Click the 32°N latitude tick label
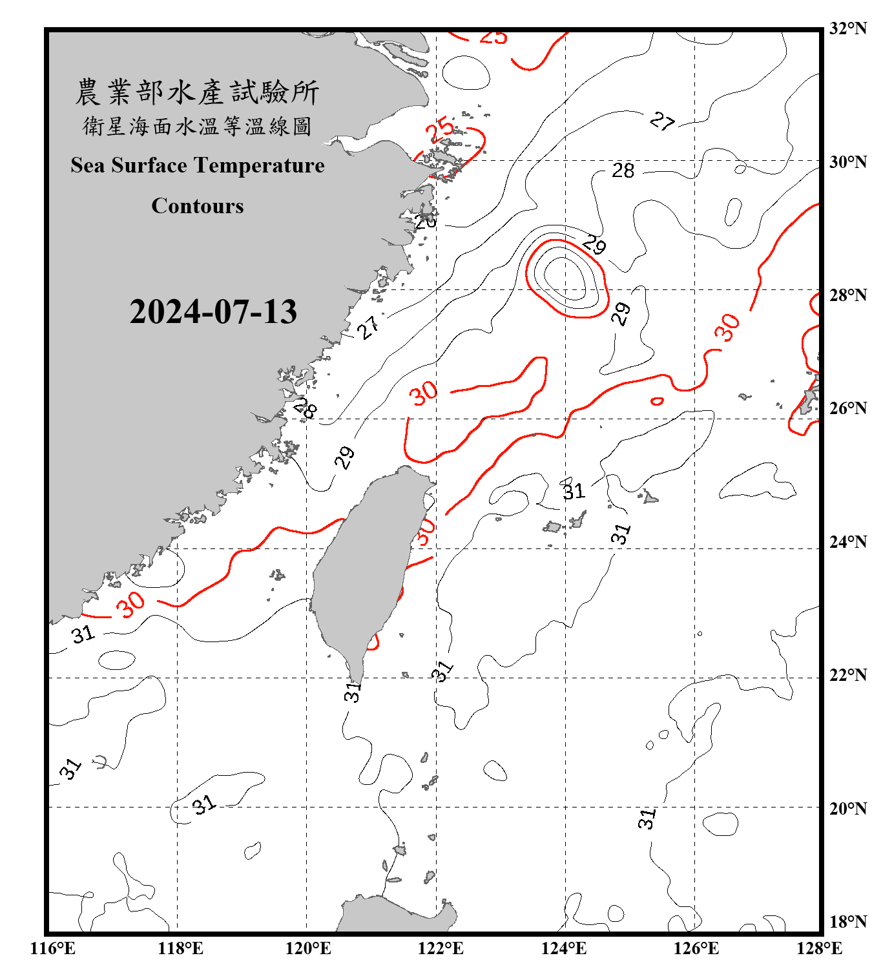point(847,28)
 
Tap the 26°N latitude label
point(847,408)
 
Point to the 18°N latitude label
point(847,922)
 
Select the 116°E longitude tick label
point(52,948)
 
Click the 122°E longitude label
point(441,948)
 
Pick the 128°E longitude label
point(819,948)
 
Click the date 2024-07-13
point(213,312)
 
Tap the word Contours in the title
point(198,206)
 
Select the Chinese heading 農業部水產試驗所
point(198,92)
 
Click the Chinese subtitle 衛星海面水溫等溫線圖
point(198,126)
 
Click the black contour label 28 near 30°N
point(623,171)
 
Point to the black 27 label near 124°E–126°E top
point(662,121)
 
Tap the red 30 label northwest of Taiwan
point(424,393)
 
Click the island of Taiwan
point(365,568)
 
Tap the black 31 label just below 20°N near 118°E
point(203,804)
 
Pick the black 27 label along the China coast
point(368,328)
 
